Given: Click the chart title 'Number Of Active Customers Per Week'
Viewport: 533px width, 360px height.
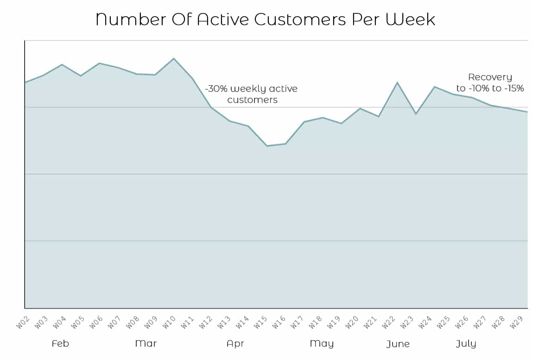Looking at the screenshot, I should tap(266, 19).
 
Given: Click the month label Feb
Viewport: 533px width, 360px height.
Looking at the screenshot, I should tap(60, 344).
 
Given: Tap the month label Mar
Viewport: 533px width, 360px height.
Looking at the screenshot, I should tap(146, 344).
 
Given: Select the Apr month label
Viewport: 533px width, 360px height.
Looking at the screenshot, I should tap(235, 344).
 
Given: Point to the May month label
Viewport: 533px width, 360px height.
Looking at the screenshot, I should tap(322, 344).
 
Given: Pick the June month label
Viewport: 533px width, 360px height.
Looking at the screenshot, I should tap(398, 344).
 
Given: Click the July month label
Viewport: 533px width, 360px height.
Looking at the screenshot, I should tap(466, 344).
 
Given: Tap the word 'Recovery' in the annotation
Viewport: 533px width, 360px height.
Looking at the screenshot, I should tap(490, 77).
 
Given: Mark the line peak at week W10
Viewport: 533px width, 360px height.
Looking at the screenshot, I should tap(174, 58).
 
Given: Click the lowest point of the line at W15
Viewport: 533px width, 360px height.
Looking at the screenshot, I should tap(267, 146).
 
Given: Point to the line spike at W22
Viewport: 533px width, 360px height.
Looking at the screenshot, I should tap(397, 82).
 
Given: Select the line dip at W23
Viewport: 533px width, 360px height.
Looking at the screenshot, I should tap(416, 114).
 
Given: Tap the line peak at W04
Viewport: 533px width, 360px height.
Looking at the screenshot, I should tap(62, 64).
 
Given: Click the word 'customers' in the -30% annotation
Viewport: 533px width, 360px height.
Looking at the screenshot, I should tap(253, 100).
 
